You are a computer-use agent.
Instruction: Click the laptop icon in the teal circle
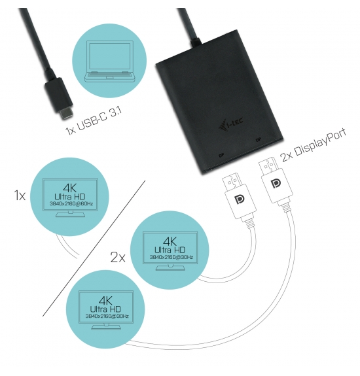109,61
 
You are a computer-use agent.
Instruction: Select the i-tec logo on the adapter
231,124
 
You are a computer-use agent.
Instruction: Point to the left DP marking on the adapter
221,156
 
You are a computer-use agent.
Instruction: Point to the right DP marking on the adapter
259,139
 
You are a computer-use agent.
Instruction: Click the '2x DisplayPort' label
313,146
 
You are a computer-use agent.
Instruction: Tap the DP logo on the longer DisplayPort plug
276,184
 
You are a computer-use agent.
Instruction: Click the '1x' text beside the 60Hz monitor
20,196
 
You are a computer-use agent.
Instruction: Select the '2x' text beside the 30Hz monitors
118,257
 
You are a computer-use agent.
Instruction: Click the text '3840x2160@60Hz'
71,203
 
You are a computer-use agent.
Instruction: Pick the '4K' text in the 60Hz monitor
70,188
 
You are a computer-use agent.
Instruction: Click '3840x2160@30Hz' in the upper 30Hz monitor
171,257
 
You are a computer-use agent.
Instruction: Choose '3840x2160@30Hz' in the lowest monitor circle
107,316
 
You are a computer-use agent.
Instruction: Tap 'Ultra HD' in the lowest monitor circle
105,309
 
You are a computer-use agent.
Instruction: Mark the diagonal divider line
94,248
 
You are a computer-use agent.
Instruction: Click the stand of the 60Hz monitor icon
70,214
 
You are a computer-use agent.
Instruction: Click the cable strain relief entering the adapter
195,42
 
